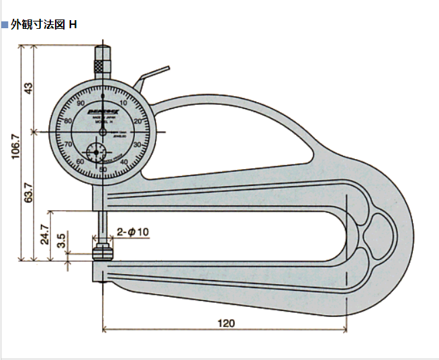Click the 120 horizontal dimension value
226,323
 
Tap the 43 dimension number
28,88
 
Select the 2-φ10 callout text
133,232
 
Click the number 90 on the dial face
81,103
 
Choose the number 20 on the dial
138,121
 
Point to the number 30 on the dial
137,144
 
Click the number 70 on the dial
68,144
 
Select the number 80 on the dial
68,121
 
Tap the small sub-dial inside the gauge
98,151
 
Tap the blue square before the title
5,25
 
